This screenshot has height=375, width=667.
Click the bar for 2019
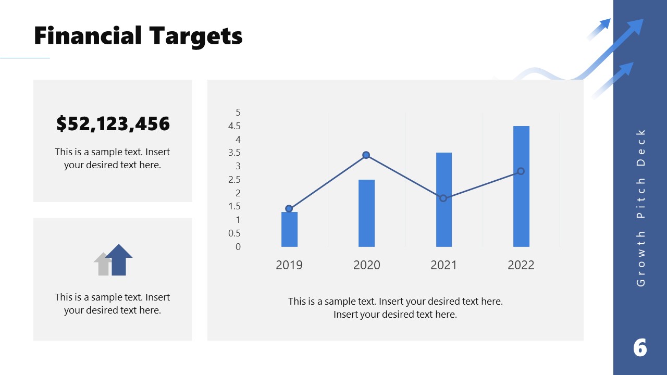289,229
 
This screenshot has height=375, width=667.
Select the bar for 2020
366,213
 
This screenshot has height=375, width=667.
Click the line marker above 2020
366,155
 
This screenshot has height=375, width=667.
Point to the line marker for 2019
289,209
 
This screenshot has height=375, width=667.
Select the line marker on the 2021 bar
443,198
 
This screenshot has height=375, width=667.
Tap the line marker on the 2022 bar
521,171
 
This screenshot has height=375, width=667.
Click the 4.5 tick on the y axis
234,126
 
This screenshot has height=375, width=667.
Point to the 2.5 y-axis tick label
234,180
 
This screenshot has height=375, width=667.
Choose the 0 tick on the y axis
238,247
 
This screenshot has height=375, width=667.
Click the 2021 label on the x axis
443,265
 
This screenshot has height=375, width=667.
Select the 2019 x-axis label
289,265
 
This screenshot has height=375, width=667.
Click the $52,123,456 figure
113,124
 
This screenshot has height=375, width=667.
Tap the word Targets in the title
196,36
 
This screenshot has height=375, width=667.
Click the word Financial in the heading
88,36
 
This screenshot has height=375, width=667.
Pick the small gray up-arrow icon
103,264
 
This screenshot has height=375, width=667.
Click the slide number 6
640,347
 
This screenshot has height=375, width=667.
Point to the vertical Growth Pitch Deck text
641,207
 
